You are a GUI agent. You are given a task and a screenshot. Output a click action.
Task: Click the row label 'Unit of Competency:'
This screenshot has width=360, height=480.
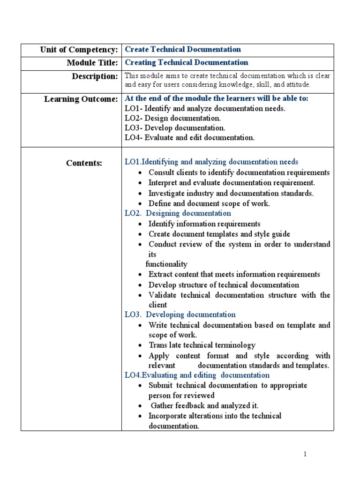pyautogui.click(x=79, y=50)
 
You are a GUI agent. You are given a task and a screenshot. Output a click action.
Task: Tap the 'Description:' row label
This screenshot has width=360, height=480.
pyautogui.click(x=94, y=76)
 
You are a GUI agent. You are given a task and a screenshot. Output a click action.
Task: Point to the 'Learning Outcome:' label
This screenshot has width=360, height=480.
pyautogui.click(x=81, y=99)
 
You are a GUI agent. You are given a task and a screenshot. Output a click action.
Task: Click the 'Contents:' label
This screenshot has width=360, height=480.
pyautogui.click(x=84, y=163)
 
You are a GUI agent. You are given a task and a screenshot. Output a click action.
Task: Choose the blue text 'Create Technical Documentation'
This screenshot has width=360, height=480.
pyautogui.click(x=183, y=50)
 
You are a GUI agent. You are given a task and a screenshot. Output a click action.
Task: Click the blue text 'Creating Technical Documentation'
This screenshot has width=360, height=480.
pyautogui.click(x=187, y=63)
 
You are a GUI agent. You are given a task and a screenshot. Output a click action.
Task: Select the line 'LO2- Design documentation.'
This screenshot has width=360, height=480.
pyautogui.click(x=172, y=118)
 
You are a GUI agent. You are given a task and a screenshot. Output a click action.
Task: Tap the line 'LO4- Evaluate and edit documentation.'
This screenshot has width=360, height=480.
pyautogui.click(x=189, y=137)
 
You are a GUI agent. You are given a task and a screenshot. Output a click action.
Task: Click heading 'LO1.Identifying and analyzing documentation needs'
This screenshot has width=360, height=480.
pyautogui.click(x=211, y=162)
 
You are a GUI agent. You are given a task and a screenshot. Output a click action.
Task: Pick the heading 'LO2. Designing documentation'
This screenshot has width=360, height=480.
pyautogui.click(x=178, y=213)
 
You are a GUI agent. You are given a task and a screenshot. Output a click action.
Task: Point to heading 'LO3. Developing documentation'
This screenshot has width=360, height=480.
pyautogui.click(x=180, y=315)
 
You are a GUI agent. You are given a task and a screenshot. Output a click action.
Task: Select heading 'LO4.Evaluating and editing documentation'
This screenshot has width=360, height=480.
pyautogui.click(x=197, y=375)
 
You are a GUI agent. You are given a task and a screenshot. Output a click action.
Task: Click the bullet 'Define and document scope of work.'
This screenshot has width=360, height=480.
pyautogui.click(x=209, y=203)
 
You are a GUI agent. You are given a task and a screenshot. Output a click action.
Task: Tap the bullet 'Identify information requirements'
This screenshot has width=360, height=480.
pyautogui.click(x=204, y=224)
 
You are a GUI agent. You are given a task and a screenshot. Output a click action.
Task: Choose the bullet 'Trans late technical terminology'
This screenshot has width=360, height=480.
pyautogui.click(x=202, y=345)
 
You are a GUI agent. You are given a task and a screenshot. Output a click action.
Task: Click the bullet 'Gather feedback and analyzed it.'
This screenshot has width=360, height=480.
pyautogui.click(x=204, y=405)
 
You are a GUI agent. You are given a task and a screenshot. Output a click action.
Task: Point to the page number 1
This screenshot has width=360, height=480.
pyautogui.click(x=305, y=454)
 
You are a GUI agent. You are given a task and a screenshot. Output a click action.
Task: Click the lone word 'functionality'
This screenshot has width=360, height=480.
pyautogui.click(x=166, y=264)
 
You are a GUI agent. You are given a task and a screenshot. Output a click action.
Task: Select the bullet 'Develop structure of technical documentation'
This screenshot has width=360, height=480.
pyautogui.click(x=224, y=285)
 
